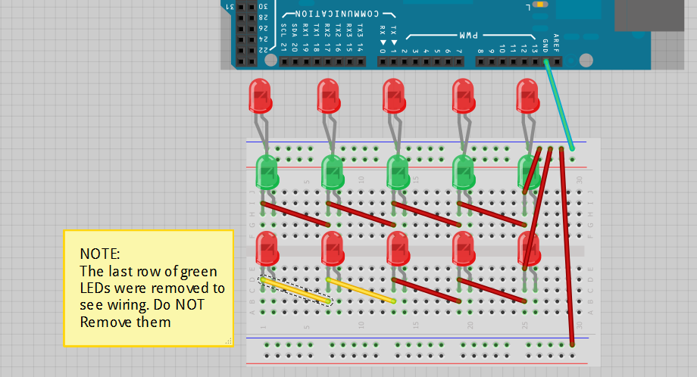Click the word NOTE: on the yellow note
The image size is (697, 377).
click(x=99, y=253)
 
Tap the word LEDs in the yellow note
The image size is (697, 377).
click(x=95, y=288)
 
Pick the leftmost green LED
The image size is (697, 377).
click(x=267, y=172)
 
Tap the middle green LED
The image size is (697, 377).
click(x=399, y=172)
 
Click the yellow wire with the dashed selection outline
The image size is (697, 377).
click(x=295, y=291)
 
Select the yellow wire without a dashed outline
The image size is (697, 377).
click(x=361, y=291)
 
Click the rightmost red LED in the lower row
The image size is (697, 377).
click(x=529, y=248)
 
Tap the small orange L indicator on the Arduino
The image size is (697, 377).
click(x=541, y=5)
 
